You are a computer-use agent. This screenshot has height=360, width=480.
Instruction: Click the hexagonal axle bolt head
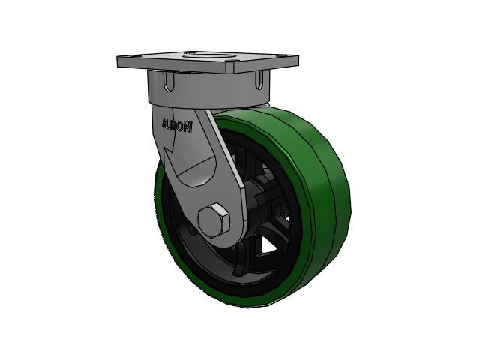214,220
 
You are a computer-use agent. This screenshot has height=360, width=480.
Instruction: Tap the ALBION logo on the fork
177,126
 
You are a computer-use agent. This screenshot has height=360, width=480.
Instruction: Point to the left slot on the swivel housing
169,81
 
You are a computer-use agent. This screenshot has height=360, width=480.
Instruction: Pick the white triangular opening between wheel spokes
270,246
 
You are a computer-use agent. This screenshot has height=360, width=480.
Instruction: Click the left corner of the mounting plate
118,61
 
